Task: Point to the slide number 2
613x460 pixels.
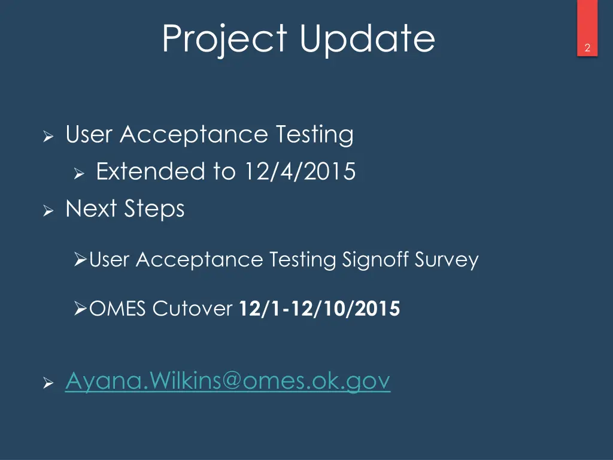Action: point(587,49)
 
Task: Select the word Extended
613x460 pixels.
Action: point(150,172)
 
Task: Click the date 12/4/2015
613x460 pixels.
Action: point(299,172)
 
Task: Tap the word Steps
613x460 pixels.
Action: point(154,210)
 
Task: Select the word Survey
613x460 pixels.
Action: point(450,260)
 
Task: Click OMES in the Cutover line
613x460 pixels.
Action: point(118,309)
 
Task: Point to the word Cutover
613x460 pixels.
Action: point(192,309)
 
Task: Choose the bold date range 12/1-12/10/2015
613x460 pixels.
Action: point(319,309)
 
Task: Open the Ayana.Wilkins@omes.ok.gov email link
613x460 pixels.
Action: point(227,380)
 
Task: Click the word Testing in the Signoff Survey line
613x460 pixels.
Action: point(302,260)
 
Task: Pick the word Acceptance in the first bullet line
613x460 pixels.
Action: point(193,135)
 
